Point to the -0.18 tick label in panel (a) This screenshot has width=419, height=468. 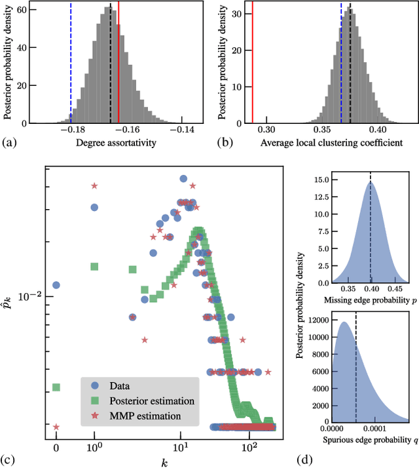click(x=71, y=130)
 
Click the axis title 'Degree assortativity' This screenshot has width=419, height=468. click(x=117, y=142)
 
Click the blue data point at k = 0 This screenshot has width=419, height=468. click(x=56, y=285)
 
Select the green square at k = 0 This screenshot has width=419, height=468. click(x=56, y=387)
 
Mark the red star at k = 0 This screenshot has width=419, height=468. click(x=56, y=427)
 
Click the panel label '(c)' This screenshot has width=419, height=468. click(x=10, y=458)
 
